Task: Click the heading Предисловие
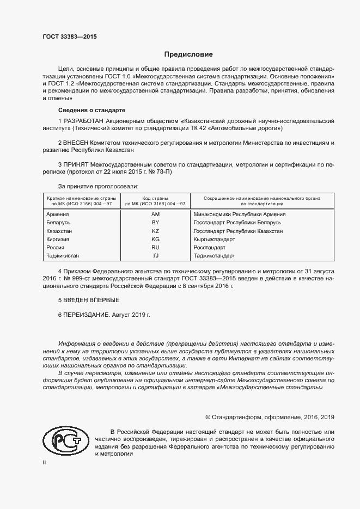click(189, 54)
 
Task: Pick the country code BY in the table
click(155, 223)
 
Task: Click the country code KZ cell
click(155, 231)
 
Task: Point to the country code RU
click(155, 248)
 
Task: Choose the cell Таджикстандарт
click(214, 256)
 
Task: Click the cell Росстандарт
click(209, 248)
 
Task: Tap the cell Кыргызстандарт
click(214, 240)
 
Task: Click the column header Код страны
click(155, 198)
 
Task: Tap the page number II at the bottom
click(45, 462)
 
